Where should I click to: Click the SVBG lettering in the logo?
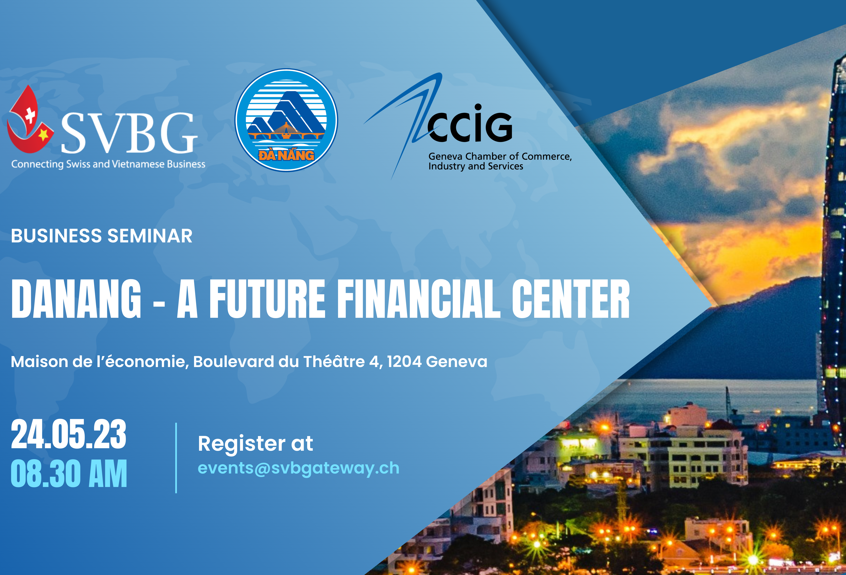coord(129,133)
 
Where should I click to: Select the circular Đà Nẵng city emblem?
coord(286,120)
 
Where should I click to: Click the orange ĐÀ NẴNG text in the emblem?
coord(286,155)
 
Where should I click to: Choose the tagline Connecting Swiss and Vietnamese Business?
coord(108,164)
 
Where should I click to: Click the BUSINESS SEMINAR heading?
coord(102,236)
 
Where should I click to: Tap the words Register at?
coord(255,444)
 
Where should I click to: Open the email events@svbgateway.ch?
coord(298,468)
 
